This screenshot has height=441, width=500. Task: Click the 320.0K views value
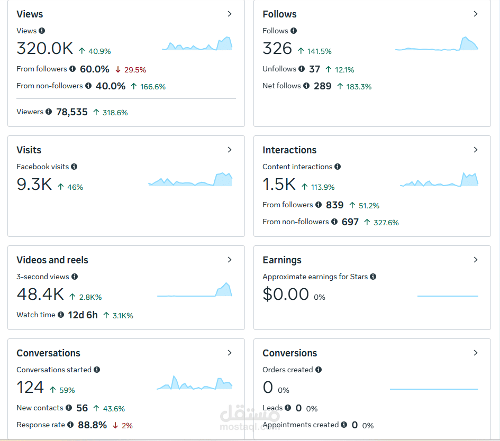point(44,49)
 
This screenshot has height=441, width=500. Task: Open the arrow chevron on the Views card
point(230,14)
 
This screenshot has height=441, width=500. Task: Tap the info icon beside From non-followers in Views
point(88,86)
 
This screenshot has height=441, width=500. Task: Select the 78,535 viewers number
point(72,112)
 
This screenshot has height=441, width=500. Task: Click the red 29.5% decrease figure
point(135,70)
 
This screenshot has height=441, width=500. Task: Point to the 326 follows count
point(277,49)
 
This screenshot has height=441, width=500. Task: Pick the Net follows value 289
point(322,86)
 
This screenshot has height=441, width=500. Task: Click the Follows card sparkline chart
point(437,44)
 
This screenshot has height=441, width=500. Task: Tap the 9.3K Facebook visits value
point(34,184)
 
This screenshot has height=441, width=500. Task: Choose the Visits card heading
point(29,150)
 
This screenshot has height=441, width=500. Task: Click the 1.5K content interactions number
point(279,184)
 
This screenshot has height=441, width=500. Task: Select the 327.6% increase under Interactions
point(386,223)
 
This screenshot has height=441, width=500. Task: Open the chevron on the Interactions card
point(476,150)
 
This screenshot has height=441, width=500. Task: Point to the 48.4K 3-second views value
point(40,294)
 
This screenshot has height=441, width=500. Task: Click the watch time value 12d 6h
point(83,315)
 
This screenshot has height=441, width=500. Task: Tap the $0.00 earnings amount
point(286,294)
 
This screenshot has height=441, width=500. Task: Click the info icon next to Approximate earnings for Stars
point(373,277)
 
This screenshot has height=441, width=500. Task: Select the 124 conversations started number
point(30,387)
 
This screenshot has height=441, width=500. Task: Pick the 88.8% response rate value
point(93,425)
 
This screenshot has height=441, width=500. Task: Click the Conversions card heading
point(290,353)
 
